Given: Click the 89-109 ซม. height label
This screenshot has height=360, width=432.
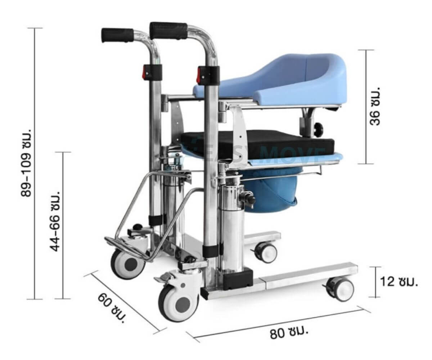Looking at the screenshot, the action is point(26,163).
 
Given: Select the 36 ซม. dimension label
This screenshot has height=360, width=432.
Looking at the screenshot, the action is point(375,109).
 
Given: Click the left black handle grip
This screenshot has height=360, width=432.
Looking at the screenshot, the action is point(117,35).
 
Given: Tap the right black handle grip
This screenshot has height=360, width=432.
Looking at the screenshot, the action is point(168,31).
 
